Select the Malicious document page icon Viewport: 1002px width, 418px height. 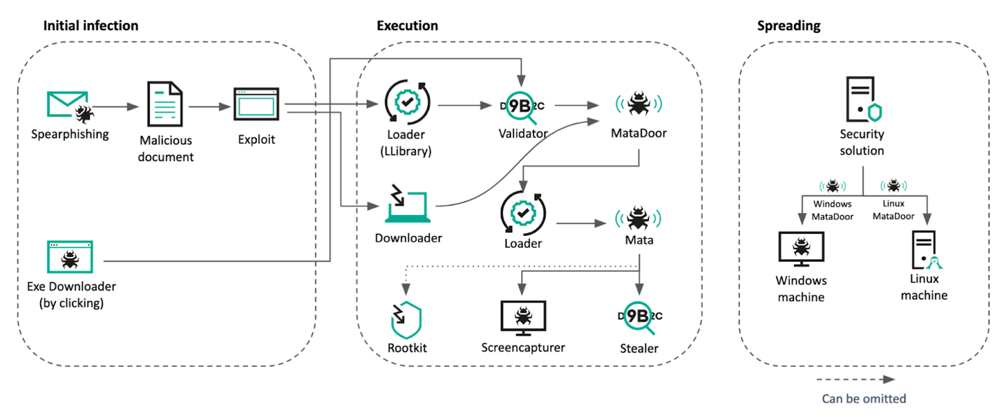coord(165,105)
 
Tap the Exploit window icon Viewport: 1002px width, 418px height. coord(256,106)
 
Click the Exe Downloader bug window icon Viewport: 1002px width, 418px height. coord(69,257)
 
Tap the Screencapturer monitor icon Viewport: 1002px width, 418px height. coord(523,317)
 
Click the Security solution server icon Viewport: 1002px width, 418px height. coord(862,101)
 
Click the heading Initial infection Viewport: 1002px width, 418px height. coord(91,26)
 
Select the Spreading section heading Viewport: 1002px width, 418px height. coord(789,26)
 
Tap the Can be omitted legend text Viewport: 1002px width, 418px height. coord(864,399)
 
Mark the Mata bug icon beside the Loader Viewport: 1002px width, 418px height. coord(638,218)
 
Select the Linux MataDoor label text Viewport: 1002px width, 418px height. coord(894,211)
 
